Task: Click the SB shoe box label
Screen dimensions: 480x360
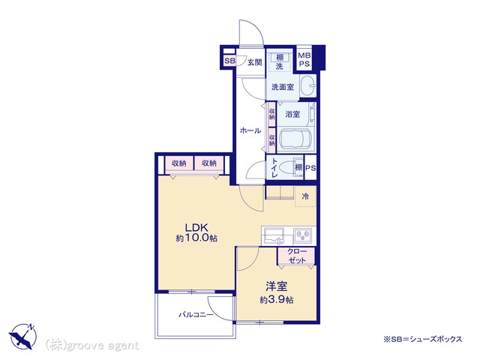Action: [230, 61]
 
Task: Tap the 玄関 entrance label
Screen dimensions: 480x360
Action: [255, 62]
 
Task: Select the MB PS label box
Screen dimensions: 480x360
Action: [304, 60]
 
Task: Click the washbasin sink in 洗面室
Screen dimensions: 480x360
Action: [307, 85]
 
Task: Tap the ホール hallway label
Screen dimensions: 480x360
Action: [250, 130]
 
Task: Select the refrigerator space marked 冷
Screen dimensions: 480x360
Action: [305, 196]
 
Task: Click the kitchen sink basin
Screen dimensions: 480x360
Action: [274, 236]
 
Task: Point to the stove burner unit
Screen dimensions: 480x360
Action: [303, 235]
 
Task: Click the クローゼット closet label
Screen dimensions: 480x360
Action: [297, 256]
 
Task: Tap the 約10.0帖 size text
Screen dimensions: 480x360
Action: [196, 238]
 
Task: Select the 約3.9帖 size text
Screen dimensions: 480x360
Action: [277, 300]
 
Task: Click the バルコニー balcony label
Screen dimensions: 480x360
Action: [196, 314]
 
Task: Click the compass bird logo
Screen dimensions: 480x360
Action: [22, 335]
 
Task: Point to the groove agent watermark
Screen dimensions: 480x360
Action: [92, 346]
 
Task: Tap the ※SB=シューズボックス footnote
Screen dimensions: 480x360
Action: [423, 339]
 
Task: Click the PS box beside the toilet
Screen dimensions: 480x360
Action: [310, 168]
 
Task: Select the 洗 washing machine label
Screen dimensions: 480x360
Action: [280, 66]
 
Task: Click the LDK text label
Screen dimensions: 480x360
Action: [196, 227]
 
